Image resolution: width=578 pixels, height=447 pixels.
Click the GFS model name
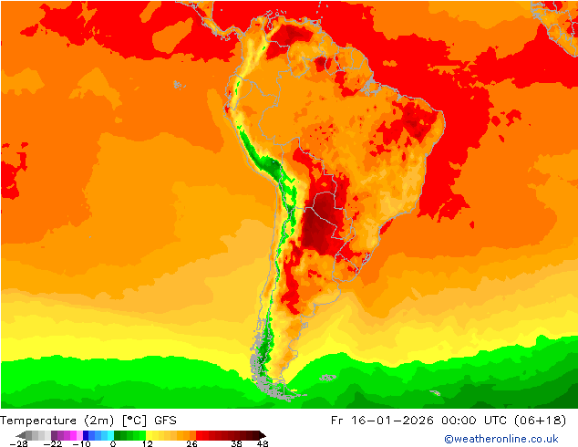click(x=165, y=421)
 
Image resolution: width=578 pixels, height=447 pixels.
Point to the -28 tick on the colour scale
click(x=17, y=443)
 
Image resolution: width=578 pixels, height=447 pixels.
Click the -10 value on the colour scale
click(x=81, y=443)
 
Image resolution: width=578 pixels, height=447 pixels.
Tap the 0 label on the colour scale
click(x=113, y=443)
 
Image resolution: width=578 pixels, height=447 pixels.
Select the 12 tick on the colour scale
click(x=148, y=443)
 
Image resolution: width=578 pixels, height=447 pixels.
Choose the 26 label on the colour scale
click(x=191, y=443)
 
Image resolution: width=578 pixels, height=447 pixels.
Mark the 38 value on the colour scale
click(x=236, y=443)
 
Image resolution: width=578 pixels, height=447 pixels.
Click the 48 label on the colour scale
click(x=263, y=443)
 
